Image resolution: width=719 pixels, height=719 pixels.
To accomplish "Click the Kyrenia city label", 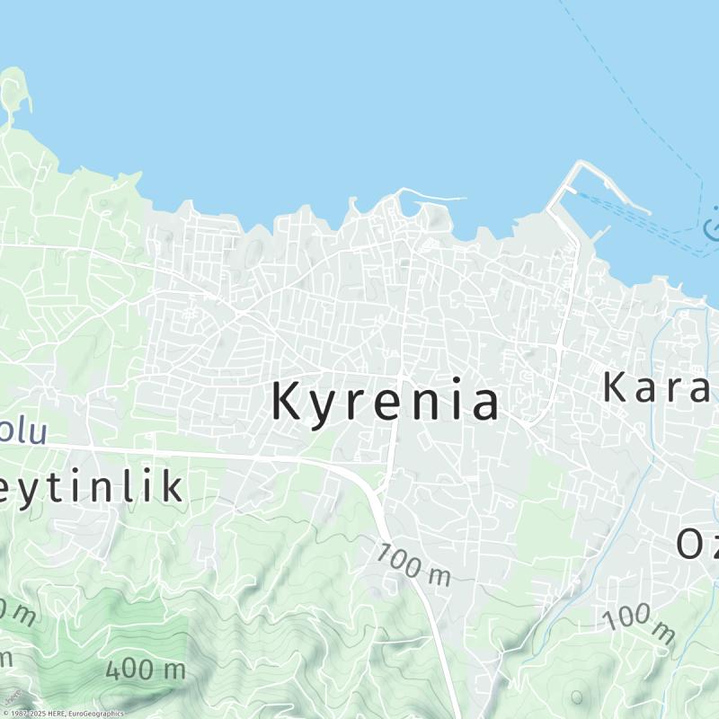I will [385, 401].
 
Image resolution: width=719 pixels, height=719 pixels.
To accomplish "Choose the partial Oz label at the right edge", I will [697, 543].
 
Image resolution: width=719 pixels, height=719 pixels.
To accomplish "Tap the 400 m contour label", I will [145, 670].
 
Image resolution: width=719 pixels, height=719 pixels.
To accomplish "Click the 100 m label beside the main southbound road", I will [413, 565].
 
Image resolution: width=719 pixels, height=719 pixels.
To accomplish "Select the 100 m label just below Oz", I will [638, 624].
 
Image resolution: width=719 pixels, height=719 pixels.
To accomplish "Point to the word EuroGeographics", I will [95, 714].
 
